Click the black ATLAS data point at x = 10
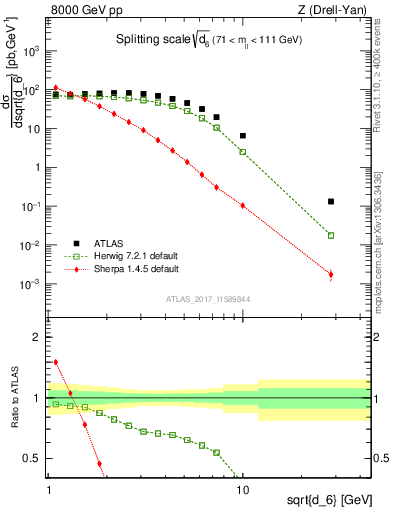coord(243,136)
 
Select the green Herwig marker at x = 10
coord(243,152)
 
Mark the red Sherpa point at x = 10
coord(243,206)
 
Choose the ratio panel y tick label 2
coord(35,337)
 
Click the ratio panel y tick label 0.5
coord(31,458)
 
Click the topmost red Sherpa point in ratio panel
coord(56,362)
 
